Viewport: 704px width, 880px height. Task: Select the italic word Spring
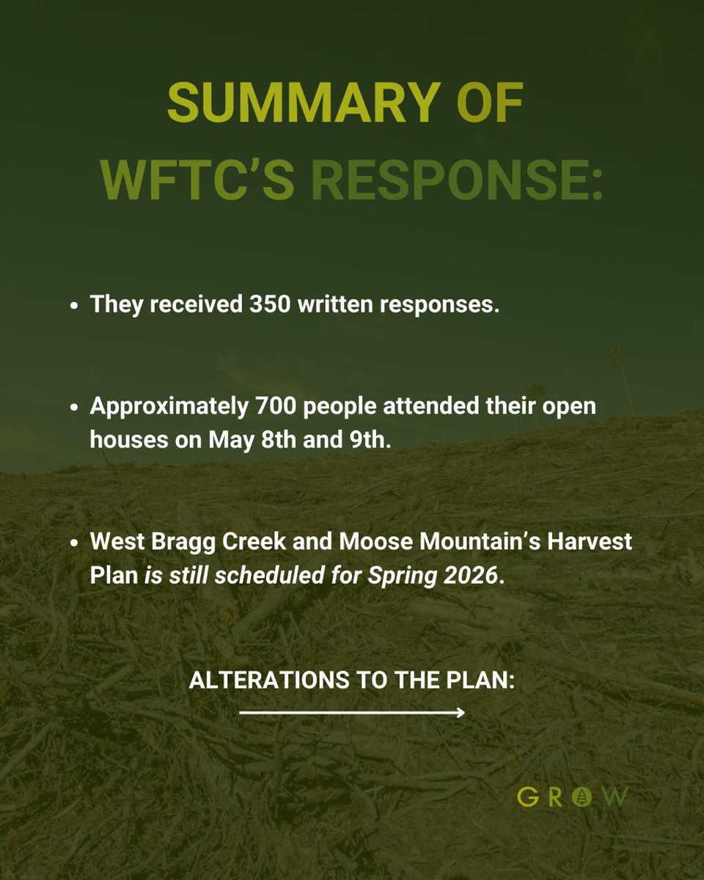click(406, 576)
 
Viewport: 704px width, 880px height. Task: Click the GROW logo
click(572, 796)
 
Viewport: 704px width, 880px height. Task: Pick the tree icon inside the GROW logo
click(582, 796)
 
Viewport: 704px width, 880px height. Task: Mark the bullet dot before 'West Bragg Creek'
click(75, 545)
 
